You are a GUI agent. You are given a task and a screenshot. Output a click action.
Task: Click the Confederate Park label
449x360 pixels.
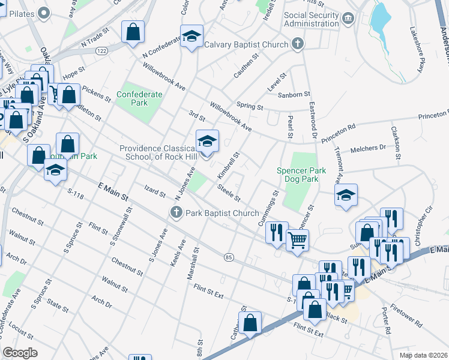tap(140, 98)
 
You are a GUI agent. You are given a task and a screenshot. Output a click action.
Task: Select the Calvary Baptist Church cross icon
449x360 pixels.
tap(297, 44)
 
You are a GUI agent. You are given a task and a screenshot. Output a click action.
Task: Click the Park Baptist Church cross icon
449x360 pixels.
tap(176, 212)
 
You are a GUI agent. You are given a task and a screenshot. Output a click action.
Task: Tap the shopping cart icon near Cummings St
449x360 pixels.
tap(297, 240)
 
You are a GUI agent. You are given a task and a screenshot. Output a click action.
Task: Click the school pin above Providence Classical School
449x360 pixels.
tap(208, 142)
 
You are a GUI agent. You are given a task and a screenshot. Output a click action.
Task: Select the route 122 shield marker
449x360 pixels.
tap(103, 52)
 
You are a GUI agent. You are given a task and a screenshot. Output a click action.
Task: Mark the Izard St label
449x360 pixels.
tap(154, 193)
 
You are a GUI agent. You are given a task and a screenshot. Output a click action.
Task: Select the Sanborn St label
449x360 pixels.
tap(294, 94)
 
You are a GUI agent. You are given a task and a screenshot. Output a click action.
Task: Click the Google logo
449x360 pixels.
tap(20, 353)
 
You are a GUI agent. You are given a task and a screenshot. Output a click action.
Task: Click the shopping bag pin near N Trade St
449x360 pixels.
tap(133, 32)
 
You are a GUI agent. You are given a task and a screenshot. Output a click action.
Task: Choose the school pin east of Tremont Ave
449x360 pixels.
tap(346, 196)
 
